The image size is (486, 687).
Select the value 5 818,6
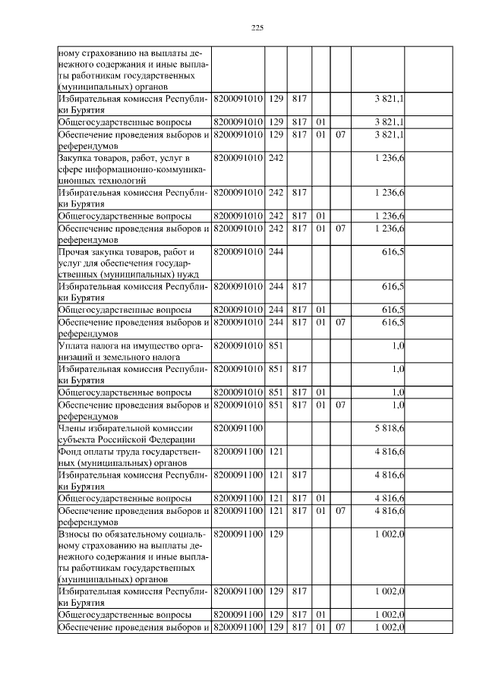389,429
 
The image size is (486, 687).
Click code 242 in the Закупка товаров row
276,157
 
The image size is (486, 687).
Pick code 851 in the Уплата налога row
276,346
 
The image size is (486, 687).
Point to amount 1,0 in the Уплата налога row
398,346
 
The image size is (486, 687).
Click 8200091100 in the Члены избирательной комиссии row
238,429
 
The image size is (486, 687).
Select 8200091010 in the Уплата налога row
238,346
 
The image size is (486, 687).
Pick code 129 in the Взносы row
276,535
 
